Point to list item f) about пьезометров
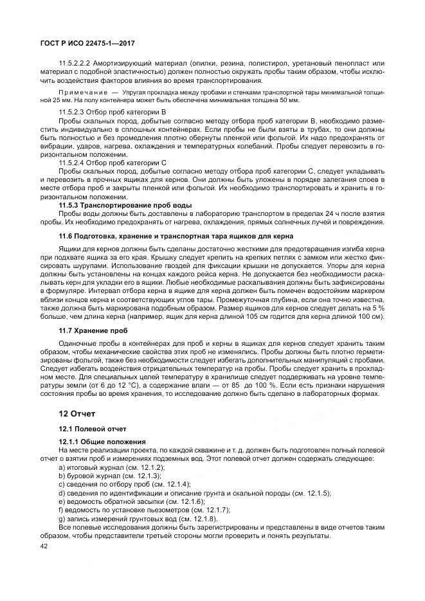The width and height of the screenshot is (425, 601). click(x=144, y=510)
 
